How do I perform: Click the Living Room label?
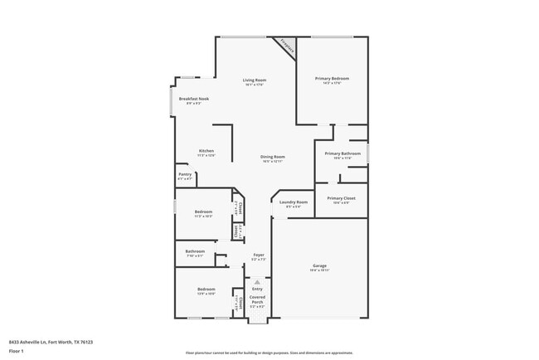254,80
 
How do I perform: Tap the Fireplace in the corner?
287,46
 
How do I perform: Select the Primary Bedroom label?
332,79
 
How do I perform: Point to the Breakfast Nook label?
193,99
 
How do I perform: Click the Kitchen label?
206,152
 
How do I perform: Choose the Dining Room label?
273,157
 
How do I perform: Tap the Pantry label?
185,175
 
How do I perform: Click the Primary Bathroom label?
342,154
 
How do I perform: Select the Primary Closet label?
341,199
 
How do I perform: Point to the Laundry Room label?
294,202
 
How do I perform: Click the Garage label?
320,266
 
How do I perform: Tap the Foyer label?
259,255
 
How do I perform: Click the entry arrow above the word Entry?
257,282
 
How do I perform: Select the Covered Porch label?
257,299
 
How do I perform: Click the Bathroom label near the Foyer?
195,251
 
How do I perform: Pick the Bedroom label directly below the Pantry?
203,212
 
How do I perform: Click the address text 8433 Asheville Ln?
51,342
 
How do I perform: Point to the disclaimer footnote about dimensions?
269,352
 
